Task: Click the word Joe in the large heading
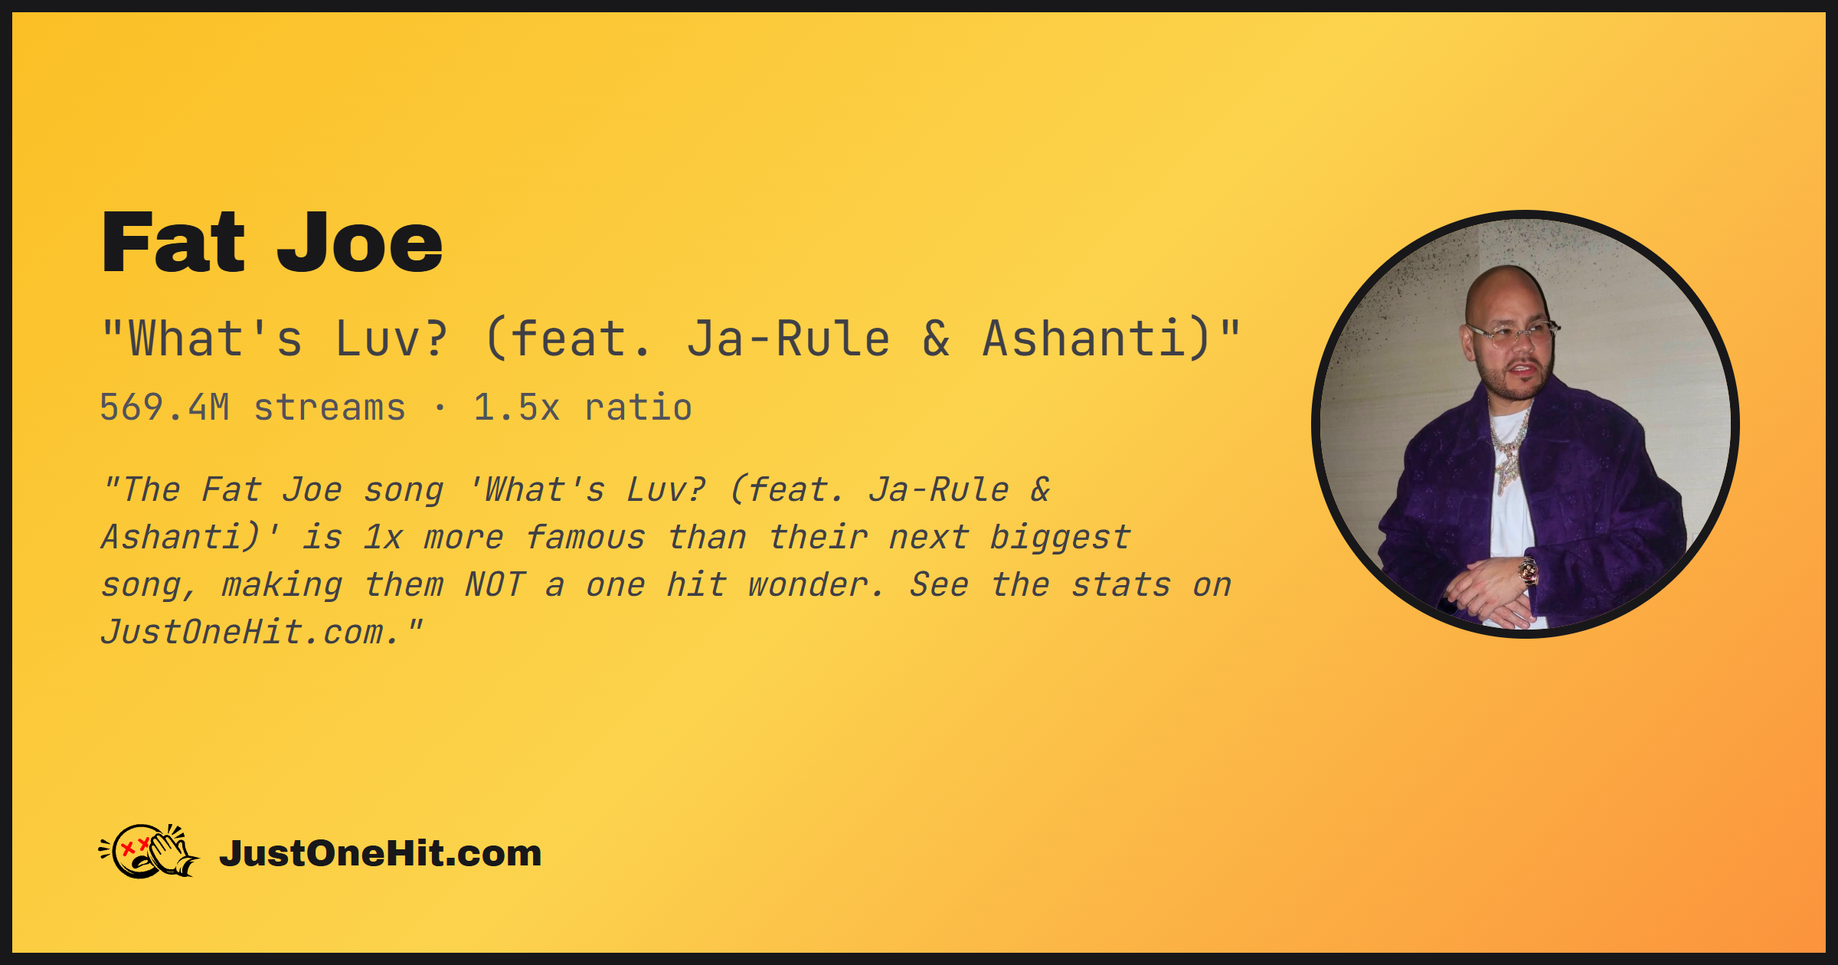[x=360, y=243]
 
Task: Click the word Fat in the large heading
[x=173, y=243]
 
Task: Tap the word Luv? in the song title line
[x=391, y=339]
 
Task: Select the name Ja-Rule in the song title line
[x=788, y=339]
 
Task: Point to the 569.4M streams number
[x=165, y=407]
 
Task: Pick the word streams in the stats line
[x=329, y=407]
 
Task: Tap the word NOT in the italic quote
[x=495, y=584]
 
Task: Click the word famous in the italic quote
[x=586, y=537]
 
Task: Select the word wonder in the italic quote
[x=816, y=584]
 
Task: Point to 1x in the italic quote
[x=383, y=537]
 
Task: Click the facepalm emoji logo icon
[x=149, y=851]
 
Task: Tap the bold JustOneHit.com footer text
[x=381, y=853]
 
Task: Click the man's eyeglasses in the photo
[x=1513, y=334]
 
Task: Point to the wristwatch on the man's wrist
[x=1529, y=571]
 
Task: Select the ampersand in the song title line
[x=936, y=339]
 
